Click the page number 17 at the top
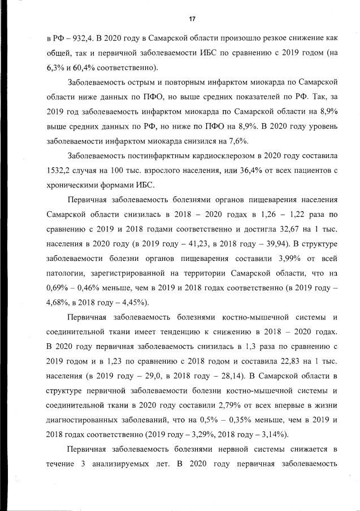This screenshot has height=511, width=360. pos(192,19)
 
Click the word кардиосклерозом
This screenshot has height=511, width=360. pos(220,155)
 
